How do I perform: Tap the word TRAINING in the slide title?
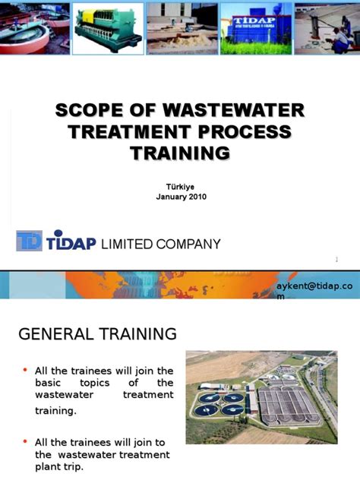[x=180, y=153]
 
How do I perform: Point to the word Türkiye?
[x=180, y=186]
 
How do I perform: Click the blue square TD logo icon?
[x=29, y=242]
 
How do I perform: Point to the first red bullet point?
[x=25, y=370]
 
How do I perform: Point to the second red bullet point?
[x=25, y=441]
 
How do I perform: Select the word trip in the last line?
[x=74, y=467]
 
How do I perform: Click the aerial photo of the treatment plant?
[x=261, y=396]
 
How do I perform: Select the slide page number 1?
[x=336, y=261]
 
